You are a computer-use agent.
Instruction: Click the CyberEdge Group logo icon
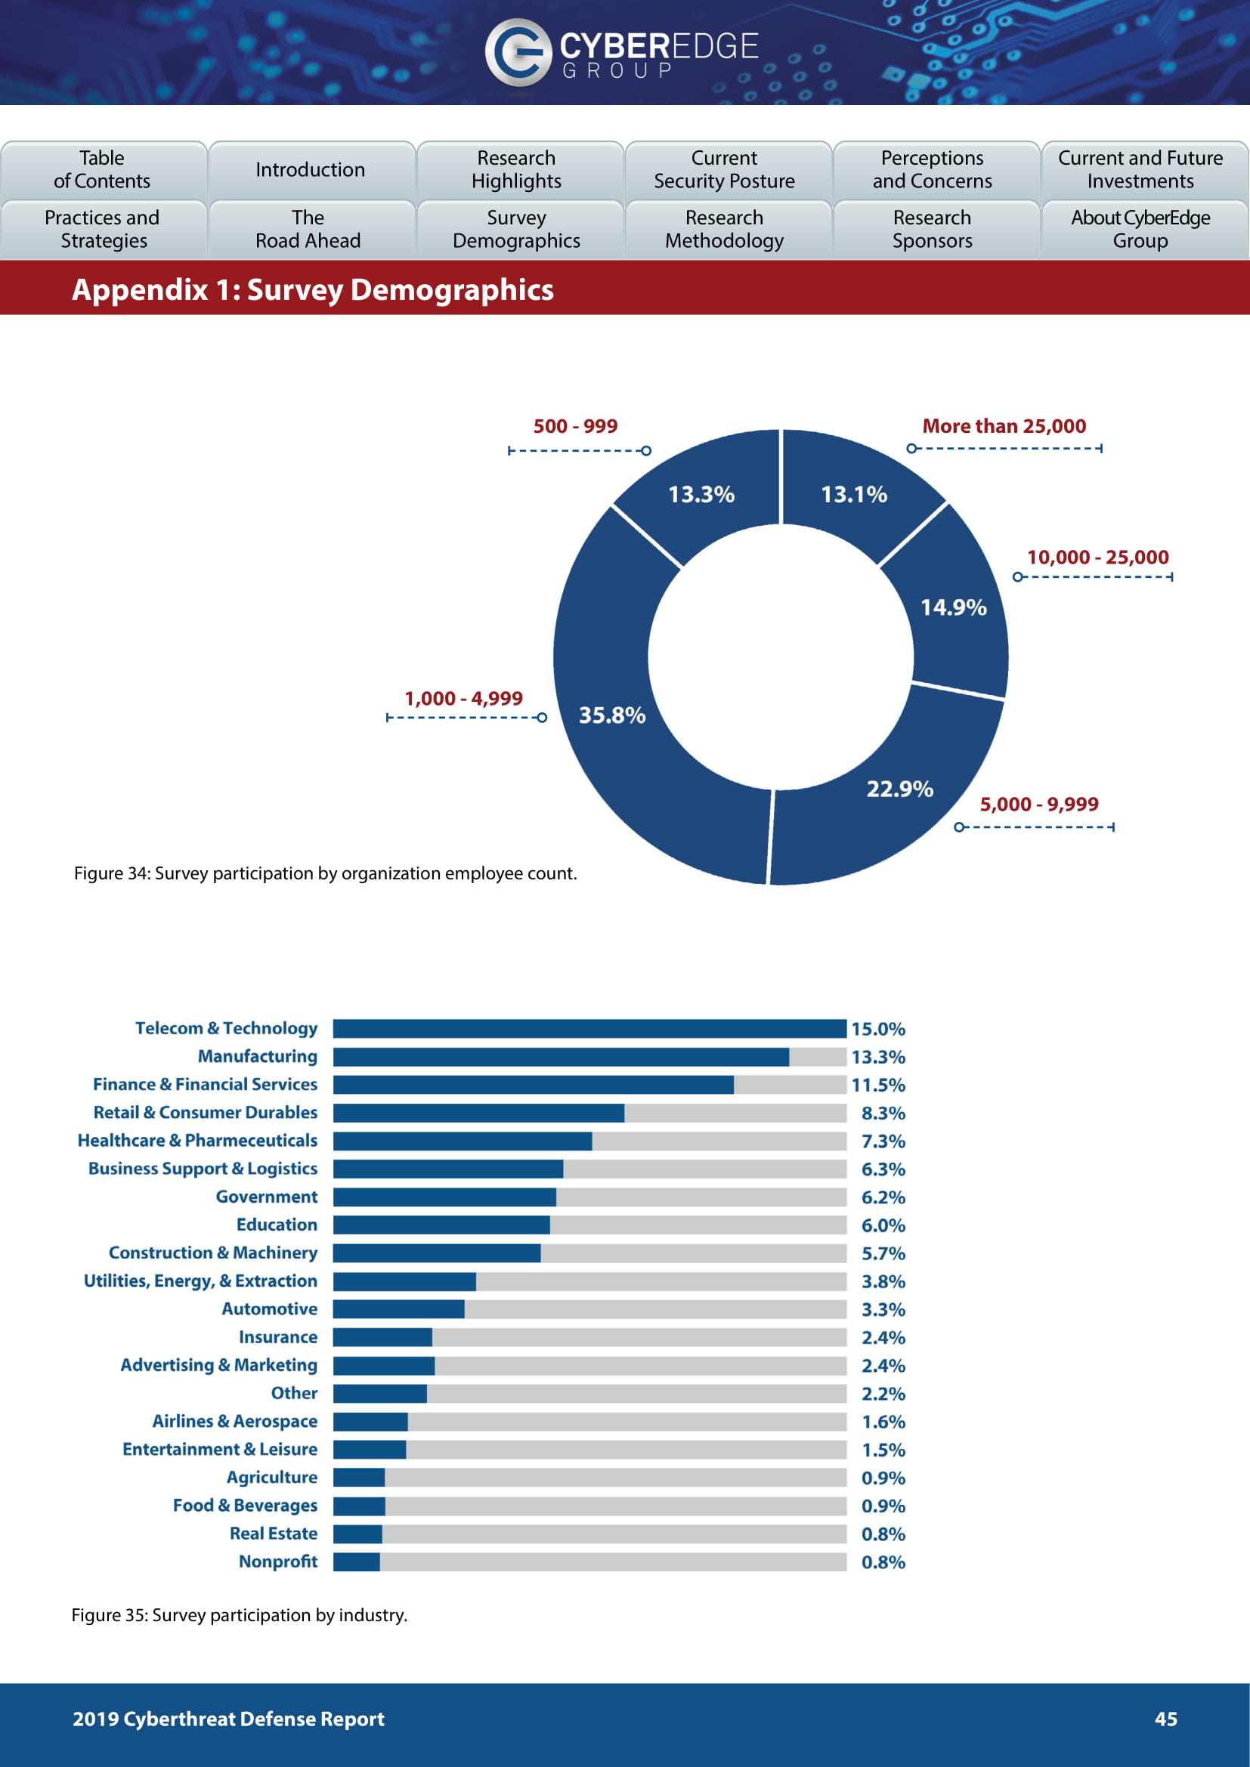(517, 52)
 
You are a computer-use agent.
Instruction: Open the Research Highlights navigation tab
(516, 169)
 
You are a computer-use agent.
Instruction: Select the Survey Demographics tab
(516, 230)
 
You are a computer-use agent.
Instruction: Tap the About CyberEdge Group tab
(1140, 230)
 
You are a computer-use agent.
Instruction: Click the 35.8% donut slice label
(612, 715)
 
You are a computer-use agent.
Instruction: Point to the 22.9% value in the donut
(899, 789)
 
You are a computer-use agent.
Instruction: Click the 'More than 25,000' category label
(1004, 426)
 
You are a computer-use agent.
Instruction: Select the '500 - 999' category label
(575, 426)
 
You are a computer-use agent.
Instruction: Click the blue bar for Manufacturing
(560, 1057)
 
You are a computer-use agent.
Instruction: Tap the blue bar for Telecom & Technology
(589, 1029)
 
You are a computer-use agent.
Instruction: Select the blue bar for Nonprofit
(357, 1562)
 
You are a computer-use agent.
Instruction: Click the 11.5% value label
(877, 1085)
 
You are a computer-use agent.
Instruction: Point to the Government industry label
(266, 1197)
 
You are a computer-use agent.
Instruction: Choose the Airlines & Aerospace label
(235, 1422)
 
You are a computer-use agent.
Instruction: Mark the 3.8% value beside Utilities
(883, 1281)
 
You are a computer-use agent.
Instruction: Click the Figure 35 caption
(240, 1614)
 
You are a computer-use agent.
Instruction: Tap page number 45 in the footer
(1165, 1719)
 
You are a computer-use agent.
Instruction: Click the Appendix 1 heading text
(313, 290)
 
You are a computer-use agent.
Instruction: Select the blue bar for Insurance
(382, 1338)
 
